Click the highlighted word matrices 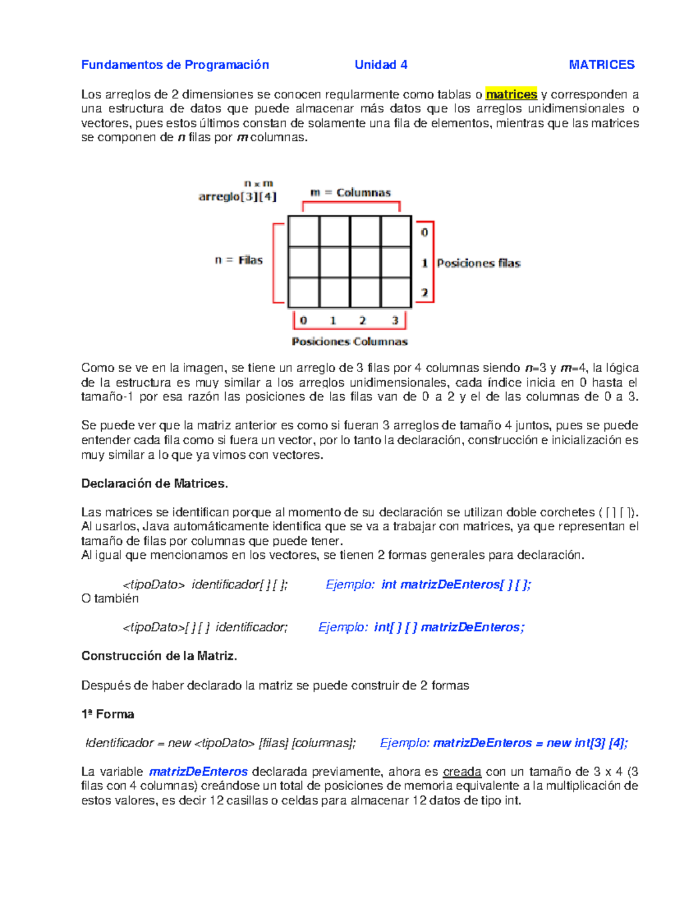511,94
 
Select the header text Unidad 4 381,65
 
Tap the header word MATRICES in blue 601,65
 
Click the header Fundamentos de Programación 175,65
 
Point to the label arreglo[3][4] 237,197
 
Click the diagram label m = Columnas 351,192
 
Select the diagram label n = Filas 238,260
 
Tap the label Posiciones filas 478,263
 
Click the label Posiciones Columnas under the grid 350,341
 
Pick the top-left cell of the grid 304,231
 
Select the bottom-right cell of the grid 396,292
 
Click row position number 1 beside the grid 425,263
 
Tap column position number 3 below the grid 395,320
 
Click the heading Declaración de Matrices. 155,483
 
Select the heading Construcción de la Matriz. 159,656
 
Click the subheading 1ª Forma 108,714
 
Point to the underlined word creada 462,772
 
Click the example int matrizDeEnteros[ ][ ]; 456,584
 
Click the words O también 110,598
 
